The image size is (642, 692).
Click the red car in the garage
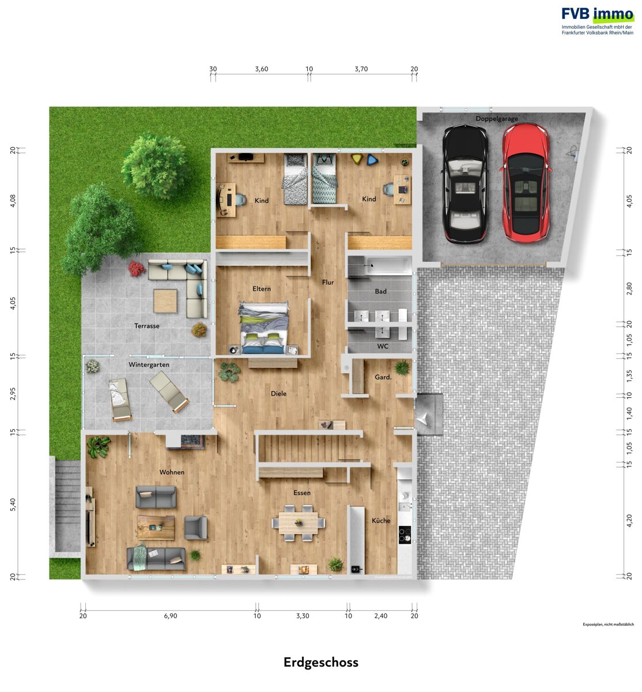click(526, 183)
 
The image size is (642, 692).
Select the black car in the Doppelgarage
click(464, 184)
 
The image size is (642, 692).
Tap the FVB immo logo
click(598, 21)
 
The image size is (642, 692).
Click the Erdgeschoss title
click(321, 663)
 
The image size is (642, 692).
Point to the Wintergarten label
click(149, 365)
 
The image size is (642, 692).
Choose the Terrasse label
click(146, 326)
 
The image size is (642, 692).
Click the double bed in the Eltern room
click(265, 328)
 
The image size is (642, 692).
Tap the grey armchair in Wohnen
click(195, 528)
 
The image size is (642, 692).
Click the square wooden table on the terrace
click(165, 300)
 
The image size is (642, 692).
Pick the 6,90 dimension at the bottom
click(171, 616)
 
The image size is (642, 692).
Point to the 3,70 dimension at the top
click(361, 69)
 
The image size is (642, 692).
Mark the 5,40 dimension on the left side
click(13, 505)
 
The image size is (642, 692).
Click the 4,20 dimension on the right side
click(629, 521)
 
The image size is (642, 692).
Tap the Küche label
click(381, 521)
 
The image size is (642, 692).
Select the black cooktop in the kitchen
click(405, 534)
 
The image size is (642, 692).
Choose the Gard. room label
click(383, 377)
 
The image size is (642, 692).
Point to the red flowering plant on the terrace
click(137, 269)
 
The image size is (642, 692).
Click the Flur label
click(328, 282)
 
